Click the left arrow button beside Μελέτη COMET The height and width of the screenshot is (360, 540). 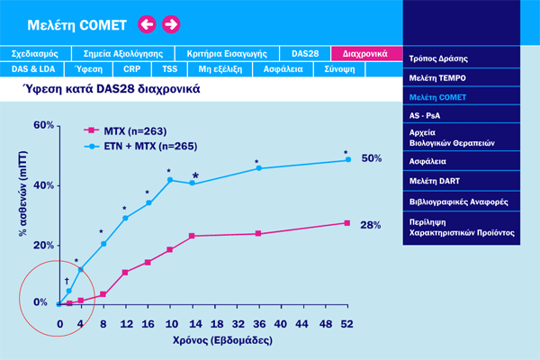coord(147,24)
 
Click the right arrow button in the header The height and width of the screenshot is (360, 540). coord(170,24)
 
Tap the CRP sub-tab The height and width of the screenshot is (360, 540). coord(132,68)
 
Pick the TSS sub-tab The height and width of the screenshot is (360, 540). coord(168,68)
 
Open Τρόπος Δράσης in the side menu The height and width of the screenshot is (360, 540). coord(438,58)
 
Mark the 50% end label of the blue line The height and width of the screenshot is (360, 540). coord(372,158)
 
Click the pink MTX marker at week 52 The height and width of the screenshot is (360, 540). coord(347,223)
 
